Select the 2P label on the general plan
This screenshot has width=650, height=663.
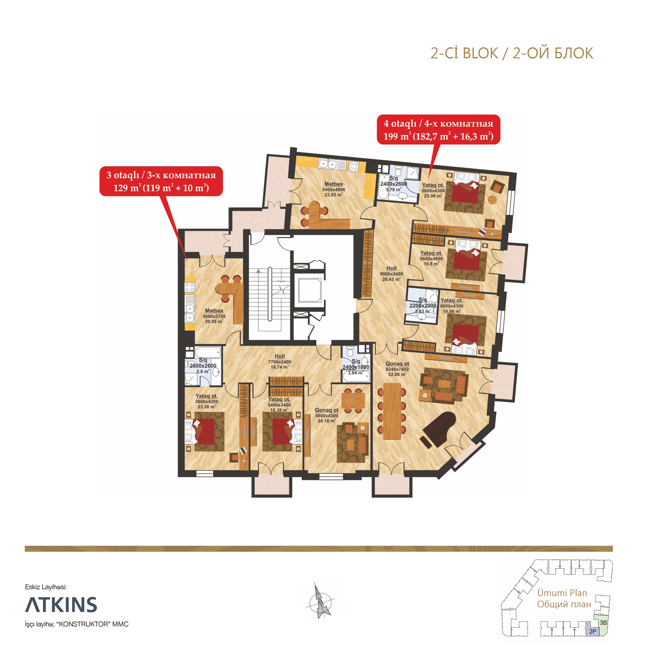(593, 631)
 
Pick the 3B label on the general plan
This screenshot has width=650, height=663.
(603, 622)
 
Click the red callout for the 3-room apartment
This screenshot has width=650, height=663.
(161, 181)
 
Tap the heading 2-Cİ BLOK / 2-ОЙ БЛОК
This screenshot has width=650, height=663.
(512, 53)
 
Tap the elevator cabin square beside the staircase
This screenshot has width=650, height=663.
(310, 290)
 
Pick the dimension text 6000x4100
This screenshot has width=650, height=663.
(452, 306)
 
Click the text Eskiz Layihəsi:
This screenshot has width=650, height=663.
(46, 587)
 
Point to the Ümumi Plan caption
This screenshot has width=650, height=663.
(562, 593)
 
